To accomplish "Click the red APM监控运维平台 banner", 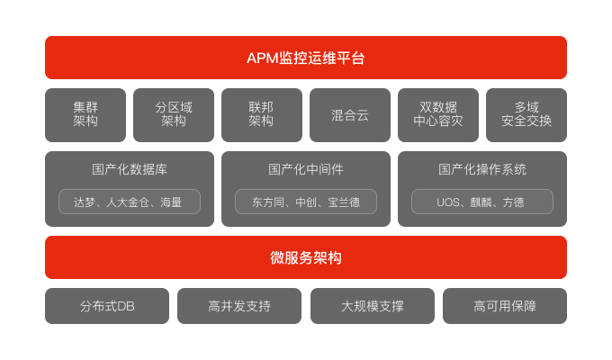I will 306,58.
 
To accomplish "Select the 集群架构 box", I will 85,114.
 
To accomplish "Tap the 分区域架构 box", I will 174,114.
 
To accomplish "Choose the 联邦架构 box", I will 262,114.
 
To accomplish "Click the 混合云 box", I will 350,114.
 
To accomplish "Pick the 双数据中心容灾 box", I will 438,114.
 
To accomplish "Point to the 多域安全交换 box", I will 526,114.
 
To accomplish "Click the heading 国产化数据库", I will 130,169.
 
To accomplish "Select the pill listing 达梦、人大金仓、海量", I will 130,202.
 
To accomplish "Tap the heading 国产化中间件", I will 306,169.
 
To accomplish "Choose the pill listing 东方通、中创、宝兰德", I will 306,202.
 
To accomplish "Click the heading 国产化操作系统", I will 482,169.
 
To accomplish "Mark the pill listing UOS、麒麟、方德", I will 482,202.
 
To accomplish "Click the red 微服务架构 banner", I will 306,257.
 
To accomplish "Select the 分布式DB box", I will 107,306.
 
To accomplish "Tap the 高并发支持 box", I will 239,306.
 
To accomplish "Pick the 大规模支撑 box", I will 373,306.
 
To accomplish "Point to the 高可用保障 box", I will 505,306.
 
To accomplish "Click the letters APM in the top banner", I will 262,58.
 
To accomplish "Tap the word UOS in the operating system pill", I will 449,202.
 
